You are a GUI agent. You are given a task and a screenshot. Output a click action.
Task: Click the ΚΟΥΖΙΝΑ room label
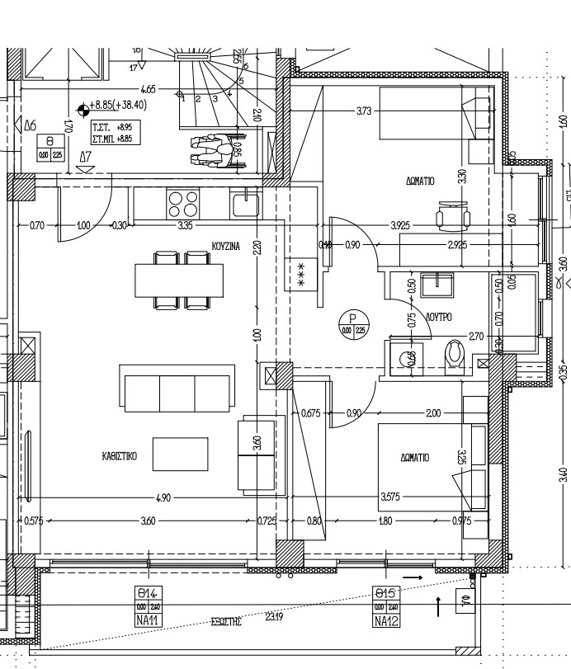(226, 246)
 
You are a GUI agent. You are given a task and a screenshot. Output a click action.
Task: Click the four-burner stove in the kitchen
(182, 203)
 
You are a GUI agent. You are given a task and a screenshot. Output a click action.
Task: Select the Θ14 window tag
(149, 592)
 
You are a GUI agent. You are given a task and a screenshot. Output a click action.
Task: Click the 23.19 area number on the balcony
(272, 616)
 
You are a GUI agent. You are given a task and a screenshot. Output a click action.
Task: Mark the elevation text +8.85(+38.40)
(119, 106)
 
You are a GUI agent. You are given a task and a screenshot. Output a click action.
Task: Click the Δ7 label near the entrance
(85, 156)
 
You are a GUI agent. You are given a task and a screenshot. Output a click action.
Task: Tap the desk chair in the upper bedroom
(451, 216)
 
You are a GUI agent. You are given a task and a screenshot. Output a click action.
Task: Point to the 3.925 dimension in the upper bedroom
(400, 224)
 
